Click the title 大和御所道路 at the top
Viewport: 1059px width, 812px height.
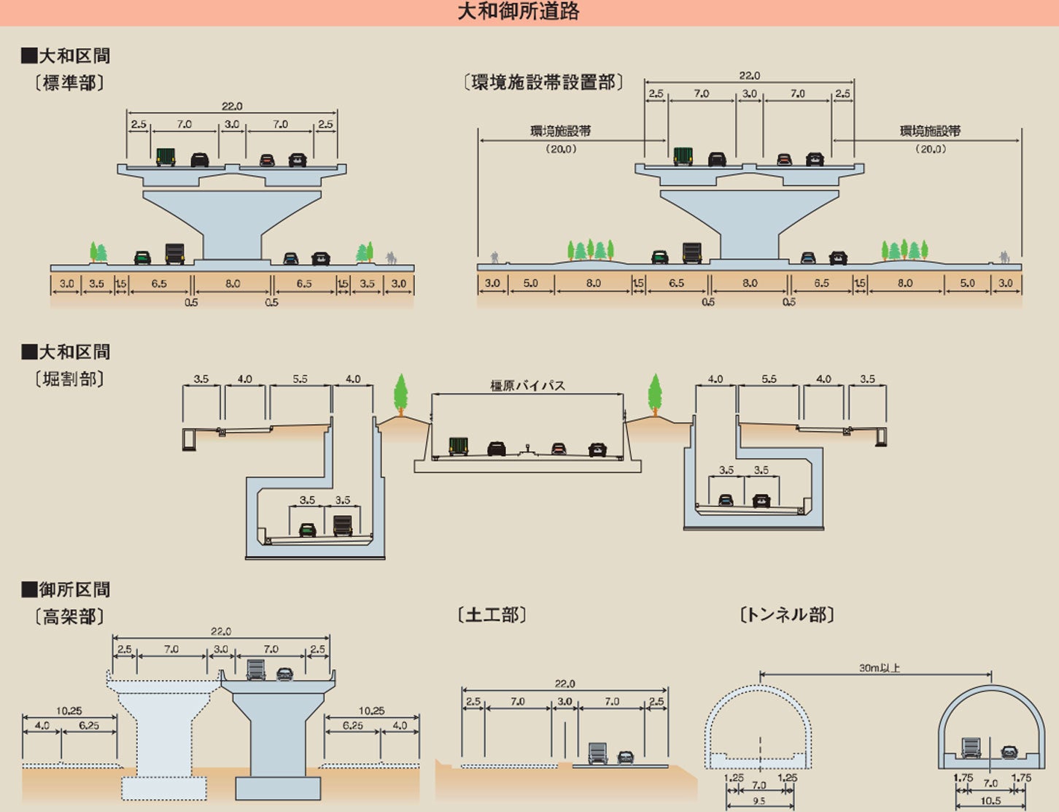tap(518, 12)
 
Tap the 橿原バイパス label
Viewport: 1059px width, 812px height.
tap(527, 386)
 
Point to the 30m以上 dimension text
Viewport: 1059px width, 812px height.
tap(879, 668)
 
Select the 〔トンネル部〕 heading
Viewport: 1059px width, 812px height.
tap(786, 615)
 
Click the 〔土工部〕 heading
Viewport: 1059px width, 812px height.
tap(492, 615)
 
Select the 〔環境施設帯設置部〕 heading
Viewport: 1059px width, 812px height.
tap(543, 82)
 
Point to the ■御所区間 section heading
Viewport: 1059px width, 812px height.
tap(66, 589)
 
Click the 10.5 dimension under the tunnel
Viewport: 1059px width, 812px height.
tap(990, 801)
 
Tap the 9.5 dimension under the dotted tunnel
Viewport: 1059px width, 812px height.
tap(759, 801)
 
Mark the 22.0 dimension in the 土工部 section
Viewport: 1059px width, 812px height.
tap(565, 684)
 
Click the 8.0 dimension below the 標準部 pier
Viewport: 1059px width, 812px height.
tap(232, 284)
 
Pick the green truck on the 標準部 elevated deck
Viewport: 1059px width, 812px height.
tap(166, 156)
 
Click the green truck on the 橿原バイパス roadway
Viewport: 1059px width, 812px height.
tap(458, 446)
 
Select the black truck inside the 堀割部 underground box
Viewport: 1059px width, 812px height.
tap(343, 525)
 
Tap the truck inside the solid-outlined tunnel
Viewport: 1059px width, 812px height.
tap(971, 748)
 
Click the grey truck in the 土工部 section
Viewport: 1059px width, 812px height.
tap(597, 753)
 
